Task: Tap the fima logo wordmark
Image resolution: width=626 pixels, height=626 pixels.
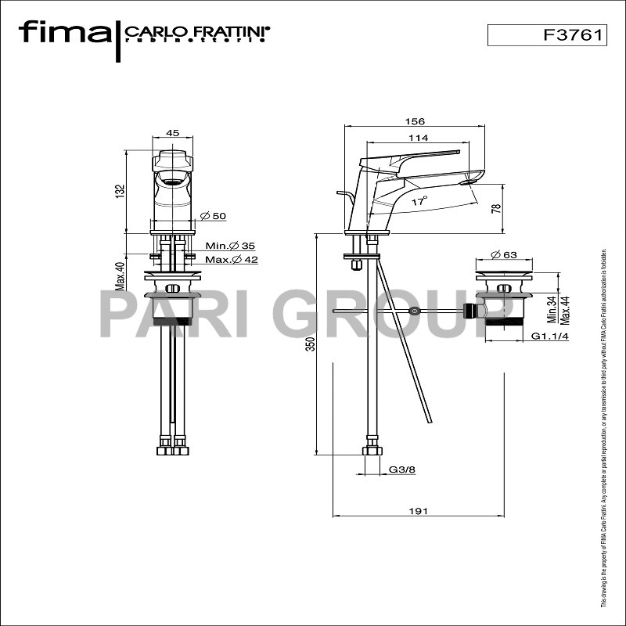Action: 65,33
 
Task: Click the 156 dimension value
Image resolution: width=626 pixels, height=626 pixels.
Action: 416,121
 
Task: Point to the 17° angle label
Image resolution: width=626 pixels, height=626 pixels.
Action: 419,201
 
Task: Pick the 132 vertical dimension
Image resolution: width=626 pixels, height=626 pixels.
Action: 120,190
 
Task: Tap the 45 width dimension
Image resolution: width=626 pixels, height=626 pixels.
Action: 173,133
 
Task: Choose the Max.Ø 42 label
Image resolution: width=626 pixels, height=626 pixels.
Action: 232,260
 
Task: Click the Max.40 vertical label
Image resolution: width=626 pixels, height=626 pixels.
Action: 121,275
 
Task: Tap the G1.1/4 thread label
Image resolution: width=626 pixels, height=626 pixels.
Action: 549,336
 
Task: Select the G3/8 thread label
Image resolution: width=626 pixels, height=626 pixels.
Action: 401,470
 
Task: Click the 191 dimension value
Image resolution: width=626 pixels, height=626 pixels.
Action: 419,511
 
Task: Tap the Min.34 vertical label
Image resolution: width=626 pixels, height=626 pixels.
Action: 551,310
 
